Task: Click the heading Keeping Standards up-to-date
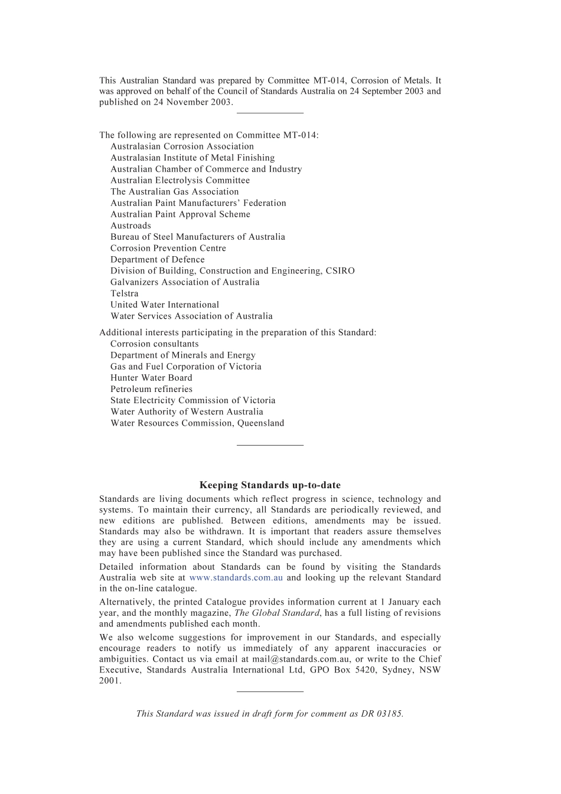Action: coord(270,485)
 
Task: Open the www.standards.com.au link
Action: coord(236,578)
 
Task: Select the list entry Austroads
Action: coord(131,226)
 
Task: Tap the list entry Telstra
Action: coord(125,293)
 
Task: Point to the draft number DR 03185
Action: coord(381,714)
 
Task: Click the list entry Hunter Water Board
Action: coord(151,378)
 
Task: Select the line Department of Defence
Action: coord(158,260)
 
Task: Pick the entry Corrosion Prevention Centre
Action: coord(168,249)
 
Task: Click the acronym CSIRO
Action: coord(340,271)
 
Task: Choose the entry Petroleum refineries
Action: coord(151,389)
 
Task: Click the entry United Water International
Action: coord(165,305)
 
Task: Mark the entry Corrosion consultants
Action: coord(155,344)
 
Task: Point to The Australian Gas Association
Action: coord(175,192)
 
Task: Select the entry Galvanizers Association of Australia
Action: coord(185,282)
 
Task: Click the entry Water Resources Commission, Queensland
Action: coord(197,423)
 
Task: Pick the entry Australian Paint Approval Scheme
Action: coord(180,214)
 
